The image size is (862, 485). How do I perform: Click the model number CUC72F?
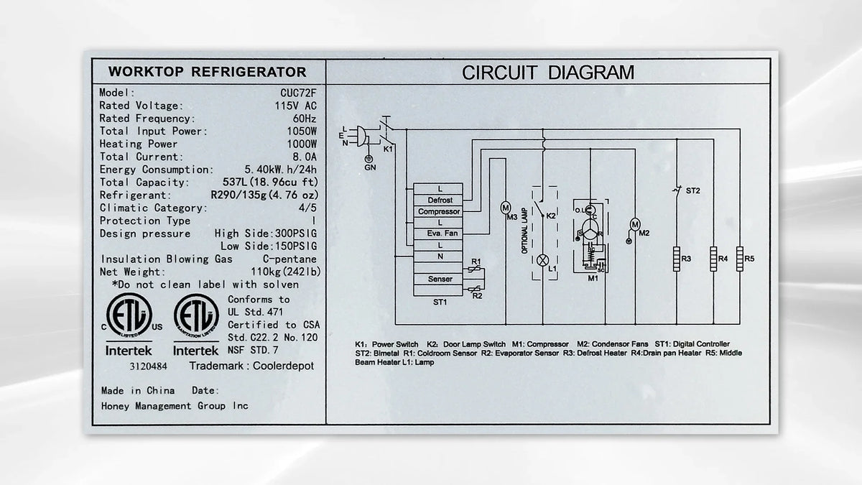298,93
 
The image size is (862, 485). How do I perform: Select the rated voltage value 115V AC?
295,106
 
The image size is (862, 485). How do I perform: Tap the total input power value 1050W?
302,131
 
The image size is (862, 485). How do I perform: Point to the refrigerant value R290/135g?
238,195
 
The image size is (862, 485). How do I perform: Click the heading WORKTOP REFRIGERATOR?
208,72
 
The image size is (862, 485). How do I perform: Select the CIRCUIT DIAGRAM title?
548,73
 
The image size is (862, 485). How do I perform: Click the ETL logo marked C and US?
129,315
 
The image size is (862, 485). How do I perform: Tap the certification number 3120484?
148,366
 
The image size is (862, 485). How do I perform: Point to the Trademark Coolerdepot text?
251,366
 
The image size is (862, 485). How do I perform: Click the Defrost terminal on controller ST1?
438,200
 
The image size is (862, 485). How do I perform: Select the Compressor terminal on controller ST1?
438,211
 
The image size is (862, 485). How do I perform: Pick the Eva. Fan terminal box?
438,234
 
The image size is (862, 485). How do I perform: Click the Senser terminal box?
438,279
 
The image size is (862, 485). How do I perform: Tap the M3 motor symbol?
505,208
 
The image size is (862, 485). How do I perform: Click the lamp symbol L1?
542,261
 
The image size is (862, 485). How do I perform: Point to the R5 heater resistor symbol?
740,259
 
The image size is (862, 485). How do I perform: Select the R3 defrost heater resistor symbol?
677,259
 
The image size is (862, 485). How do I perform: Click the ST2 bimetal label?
692,190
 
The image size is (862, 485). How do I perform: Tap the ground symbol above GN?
369,159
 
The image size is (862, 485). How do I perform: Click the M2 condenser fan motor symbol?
635,224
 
